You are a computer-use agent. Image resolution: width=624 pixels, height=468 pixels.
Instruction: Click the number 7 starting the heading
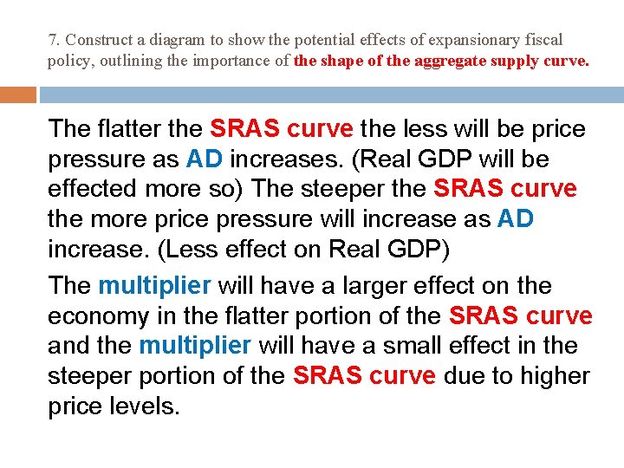tap(52, 41)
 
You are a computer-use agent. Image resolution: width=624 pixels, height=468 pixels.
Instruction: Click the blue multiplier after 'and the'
tap(194, 346)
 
